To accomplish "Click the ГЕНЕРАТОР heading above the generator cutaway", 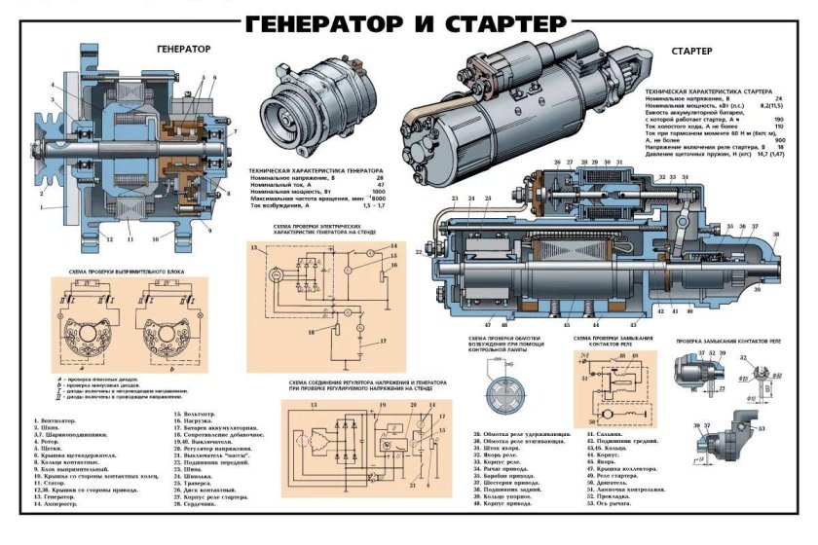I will click(185, 46).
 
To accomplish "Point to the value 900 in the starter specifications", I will click(777, 140).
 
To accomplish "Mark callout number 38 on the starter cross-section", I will click(776, 234).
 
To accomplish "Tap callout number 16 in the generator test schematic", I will click(394, 264).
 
